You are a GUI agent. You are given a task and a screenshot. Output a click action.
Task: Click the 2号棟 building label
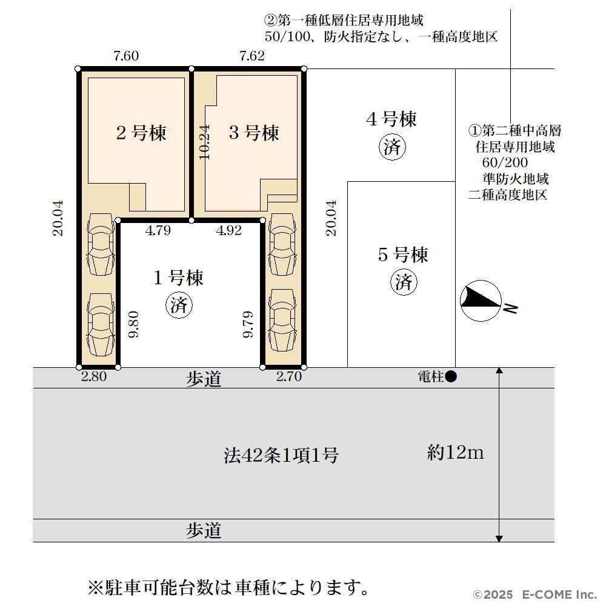coord(141,133)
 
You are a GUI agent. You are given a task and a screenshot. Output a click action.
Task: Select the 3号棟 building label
coord(254,133)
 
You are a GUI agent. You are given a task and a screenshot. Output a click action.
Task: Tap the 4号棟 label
coord(391,119)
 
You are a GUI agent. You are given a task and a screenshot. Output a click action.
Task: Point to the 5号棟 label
coord(403,255)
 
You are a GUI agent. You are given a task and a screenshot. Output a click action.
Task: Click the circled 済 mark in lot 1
coord(179,305)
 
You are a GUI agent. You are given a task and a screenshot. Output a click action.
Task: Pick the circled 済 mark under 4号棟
coord(392,147)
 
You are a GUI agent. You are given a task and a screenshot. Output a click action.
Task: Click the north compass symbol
coord(481,301)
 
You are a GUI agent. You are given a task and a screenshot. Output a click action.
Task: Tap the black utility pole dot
coord(451,376)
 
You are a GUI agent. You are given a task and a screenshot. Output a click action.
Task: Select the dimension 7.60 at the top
coord(126,56)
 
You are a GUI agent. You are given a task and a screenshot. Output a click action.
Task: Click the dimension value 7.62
coord(252,56)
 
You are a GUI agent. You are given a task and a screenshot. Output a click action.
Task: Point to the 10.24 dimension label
coord(204,142)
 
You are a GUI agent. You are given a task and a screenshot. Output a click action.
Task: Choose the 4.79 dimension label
coord(158,230)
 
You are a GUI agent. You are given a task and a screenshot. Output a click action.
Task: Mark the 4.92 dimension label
coord(229,230)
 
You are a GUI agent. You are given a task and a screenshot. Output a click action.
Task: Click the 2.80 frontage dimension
coord(94,376)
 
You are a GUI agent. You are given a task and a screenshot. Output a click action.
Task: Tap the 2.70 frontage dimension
coord(288,376)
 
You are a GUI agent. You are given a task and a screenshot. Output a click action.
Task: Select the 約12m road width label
coord(455,452)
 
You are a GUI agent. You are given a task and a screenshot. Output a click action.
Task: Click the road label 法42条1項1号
coord(281,455)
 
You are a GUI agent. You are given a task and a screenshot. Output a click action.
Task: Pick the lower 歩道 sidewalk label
coord(204,530)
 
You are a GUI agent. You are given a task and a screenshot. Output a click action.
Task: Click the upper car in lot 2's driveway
coord(101,244)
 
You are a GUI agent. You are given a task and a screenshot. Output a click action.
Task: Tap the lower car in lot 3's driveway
coord(282,320)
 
